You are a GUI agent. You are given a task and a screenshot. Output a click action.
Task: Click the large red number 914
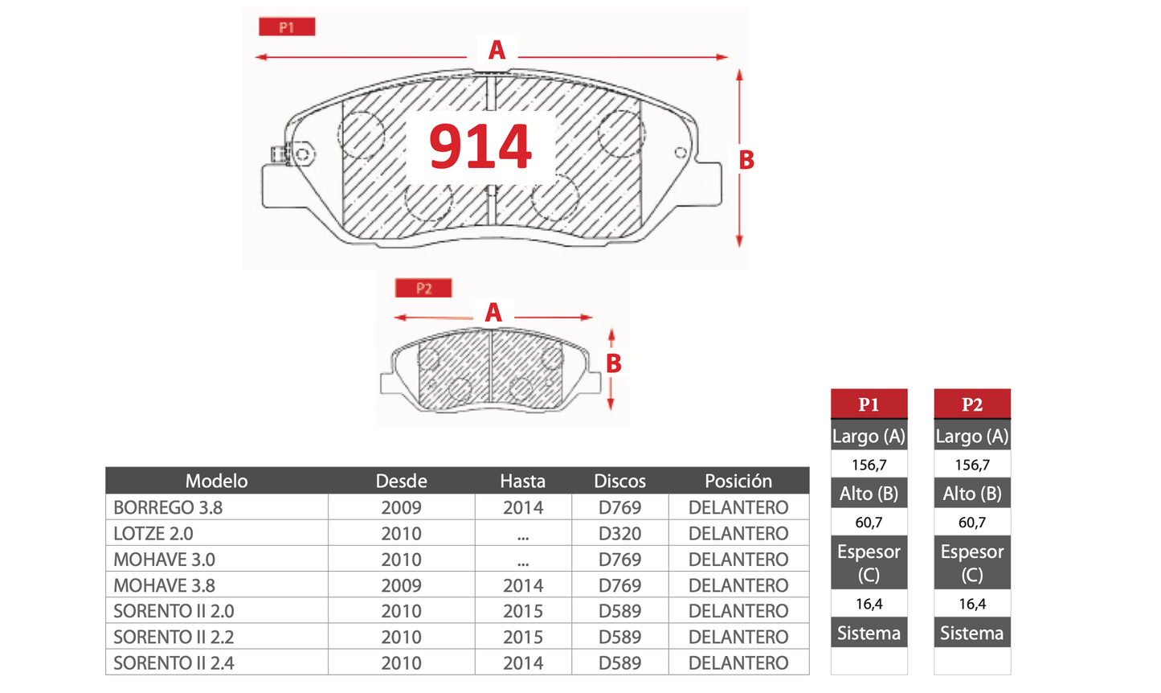480,146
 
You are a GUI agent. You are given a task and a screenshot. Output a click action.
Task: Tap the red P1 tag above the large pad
287,27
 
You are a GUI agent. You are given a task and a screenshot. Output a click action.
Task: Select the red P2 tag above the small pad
423,288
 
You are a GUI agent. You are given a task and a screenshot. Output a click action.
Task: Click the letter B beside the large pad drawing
746,160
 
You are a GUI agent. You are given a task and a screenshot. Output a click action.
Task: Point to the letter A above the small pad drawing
493,312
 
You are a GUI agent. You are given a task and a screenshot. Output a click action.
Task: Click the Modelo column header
217,481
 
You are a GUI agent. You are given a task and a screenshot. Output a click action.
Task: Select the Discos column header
620,481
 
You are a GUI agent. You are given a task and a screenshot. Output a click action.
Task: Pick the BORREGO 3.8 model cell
168,507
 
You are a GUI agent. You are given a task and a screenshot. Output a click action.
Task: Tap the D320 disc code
620,533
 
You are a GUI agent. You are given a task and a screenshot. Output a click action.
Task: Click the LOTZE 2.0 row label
153,533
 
